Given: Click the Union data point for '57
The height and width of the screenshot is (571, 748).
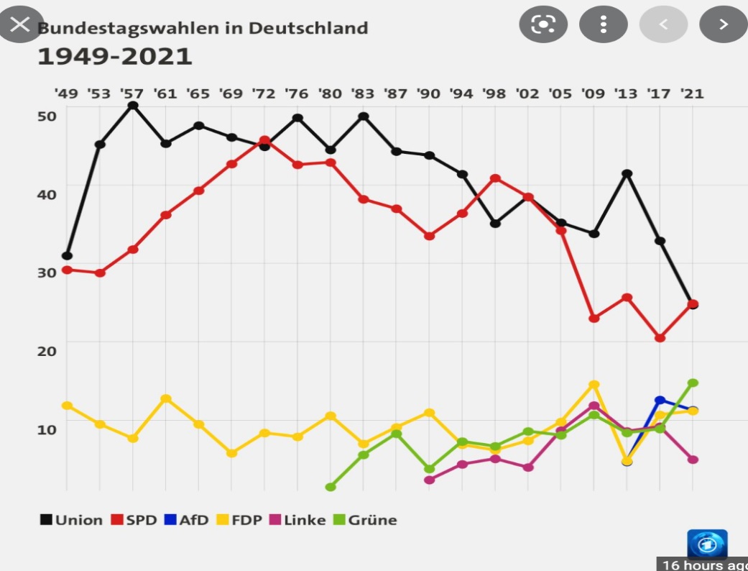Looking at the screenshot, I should (133, 106).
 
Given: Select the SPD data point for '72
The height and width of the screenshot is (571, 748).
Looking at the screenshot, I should (264, 140).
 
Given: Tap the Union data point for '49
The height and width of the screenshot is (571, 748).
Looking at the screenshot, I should (67, 255).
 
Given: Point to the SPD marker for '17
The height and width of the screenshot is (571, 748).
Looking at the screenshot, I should (660, 337).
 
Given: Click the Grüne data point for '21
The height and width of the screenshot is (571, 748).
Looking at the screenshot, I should (693, 383).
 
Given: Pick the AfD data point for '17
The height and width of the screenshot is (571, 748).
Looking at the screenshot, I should (660, 400).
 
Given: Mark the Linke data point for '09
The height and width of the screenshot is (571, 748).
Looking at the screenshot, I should (594, 406).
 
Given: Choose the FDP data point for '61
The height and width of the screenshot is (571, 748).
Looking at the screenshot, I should (166, 398).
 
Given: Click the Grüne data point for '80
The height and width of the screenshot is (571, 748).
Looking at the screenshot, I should (331, 487).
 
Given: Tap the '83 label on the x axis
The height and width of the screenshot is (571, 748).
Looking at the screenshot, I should (362, 93).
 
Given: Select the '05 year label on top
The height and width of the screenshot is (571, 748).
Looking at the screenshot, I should (560, 93).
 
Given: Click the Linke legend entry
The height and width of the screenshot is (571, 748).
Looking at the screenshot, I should (299, 520).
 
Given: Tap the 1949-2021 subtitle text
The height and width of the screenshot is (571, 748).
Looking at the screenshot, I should (115, 56).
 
